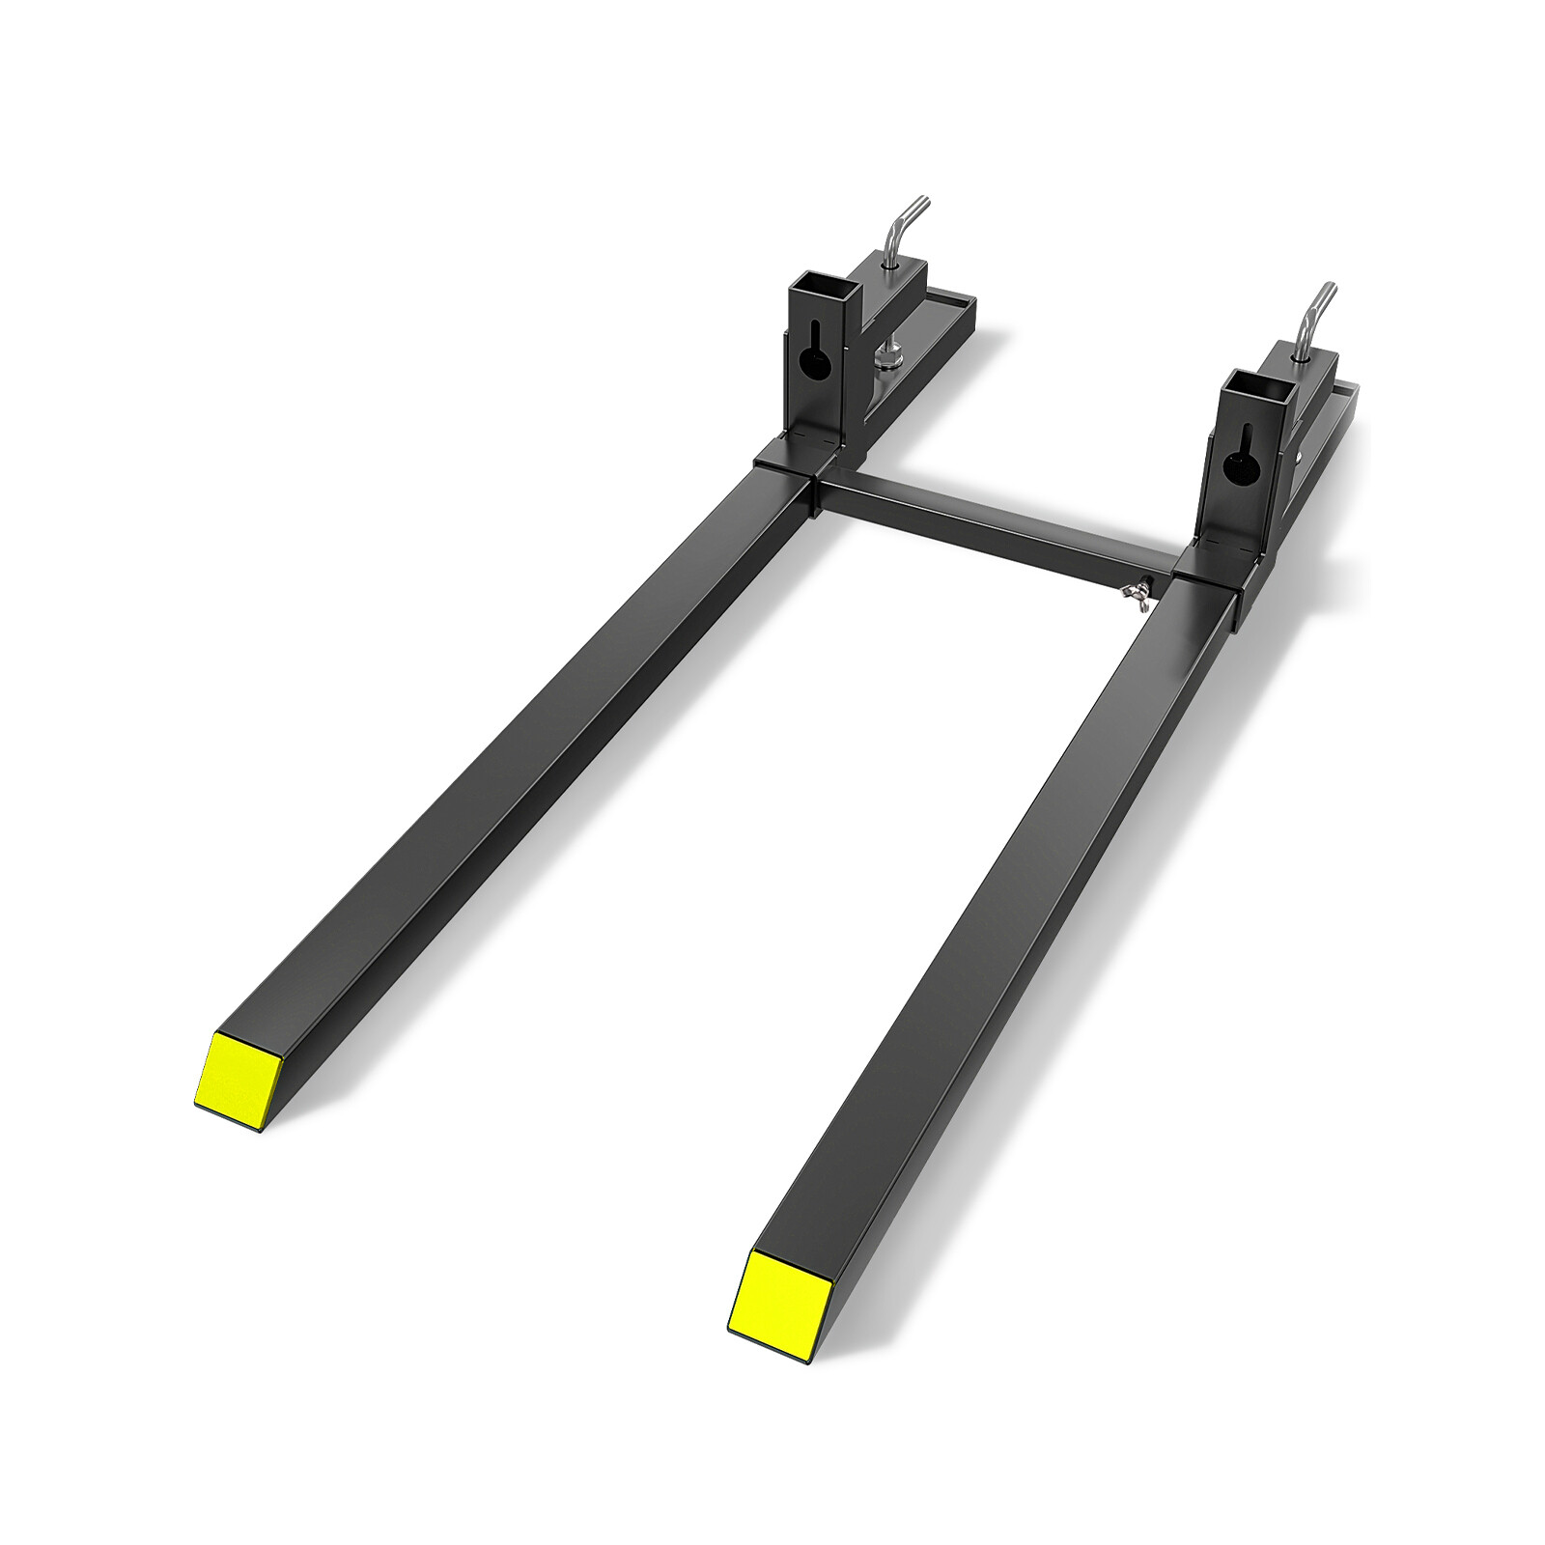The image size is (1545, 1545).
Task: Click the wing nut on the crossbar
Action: pyautogui.click(x=1145, y=589)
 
